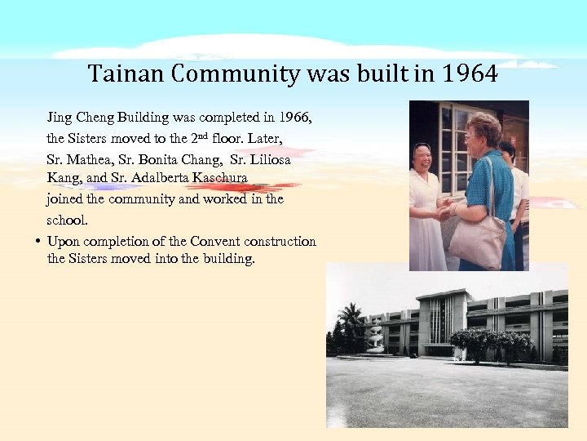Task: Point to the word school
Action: point(67,220)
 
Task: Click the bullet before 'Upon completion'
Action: point(38,242)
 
